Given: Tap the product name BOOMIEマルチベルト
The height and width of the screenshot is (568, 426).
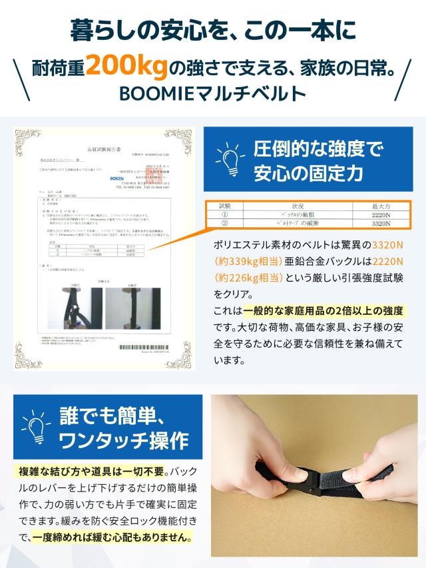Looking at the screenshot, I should pyautogui.click(x=213, y=91).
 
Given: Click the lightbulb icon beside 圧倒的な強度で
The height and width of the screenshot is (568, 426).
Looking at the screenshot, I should pyautogui.click(x=228, y=159).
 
